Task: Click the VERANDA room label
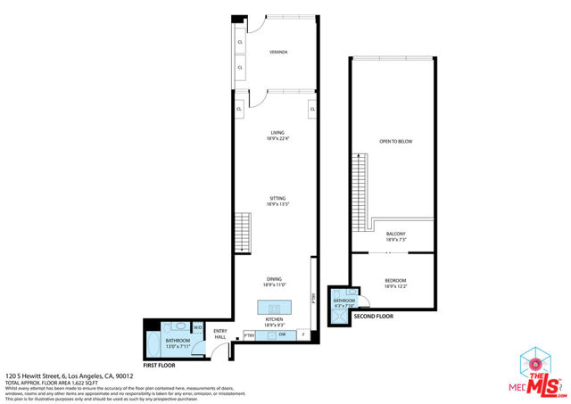277,53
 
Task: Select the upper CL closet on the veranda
240,42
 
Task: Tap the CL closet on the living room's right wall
312,109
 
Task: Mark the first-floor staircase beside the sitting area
243,231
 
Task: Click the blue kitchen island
274,308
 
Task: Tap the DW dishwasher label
281,334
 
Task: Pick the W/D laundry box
197,326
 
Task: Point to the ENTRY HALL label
219,334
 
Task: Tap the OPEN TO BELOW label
395,142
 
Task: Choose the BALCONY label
396,236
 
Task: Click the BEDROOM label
395,282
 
